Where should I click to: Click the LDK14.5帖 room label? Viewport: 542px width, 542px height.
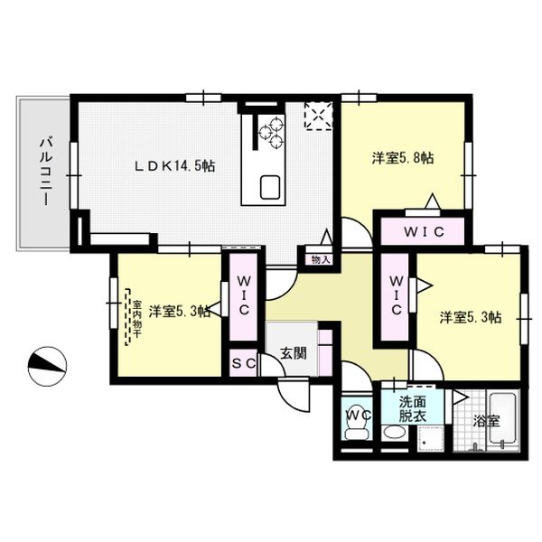point(175,166)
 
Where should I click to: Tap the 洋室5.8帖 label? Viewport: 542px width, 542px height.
point(403,158)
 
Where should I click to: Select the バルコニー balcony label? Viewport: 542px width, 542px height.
point(46,171)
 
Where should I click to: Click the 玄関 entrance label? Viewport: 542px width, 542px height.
point(293,353)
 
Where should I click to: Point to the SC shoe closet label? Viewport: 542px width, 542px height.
point(244,363)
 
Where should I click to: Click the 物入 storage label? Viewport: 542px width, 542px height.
point(321,260)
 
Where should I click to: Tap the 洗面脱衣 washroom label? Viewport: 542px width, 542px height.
point(413,409)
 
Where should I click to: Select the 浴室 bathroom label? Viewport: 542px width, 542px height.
point(486,421)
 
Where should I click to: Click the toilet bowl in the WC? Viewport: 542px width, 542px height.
point(357,433)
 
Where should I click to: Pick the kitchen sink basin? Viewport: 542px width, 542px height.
point(270,187)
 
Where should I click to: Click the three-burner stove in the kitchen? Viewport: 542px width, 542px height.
point(272,132)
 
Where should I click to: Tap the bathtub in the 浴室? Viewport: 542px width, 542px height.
point(503,420)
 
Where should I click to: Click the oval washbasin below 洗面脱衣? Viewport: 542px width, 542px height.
point(395,432)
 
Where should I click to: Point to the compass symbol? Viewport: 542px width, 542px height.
point(47,366)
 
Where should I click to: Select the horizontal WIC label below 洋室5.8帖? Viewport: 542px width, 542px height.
point(424,232)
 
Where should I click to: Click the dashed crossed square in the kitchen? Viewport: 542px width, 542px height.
point(318,116)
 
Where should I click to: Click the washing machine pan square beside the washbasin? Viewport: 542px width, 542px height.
point(431,439)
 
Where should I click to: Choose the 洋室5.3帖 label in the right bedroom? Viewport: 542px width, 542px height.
point(471,317)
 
